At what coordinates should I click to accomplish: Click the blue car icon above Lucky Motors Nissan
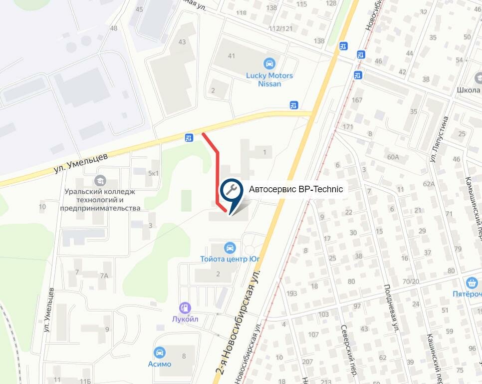[269, 64]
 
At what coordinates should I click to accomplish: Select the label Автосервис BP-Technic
[296, 189]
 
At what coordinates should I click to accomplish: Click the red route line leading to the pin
[218, 170]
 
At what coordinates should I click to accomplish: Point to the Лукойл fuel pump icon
[185, 308]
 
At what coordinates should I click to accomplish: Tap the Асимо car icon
[160, 353]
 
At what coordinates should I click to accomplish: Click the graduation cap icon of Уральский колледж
[102, 180]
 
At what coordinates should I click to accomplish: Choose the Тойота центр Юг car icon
[230, 248]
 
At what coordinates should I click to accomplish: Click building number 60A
[393, 157]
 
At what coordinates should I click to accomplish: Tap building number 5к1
[153, 173]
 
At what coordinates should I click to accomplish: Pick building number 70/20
[411, 281]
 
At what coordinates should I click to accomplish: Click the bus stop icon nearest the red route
[189, 138]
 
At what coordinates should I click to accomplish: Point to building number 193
[292, 293]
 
